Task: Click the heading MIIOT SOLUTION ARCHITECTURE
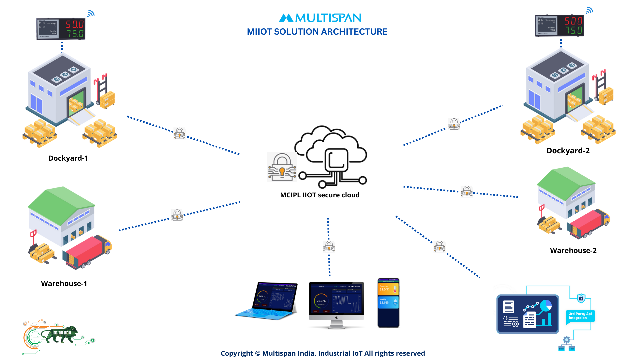pyautogui.click(x=317, y=32)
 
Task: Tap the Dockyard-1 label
pyautogui.click(x=68, y=158)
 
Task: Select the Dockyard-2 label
pyautogui.click(x=568, y=151)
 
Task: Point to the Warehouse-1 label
pyautogui.click(x=64, y=283)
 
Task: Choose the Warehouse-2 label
pyautogui.click(x=573, y=250)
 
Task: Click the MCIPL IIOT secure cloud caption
pyautogui.click(x=320, y=195)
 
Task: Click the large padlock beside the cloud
pyautogui.click(x=282, y=167)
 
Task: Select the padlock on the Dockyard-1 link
pyautogui.click(x=179, y=133)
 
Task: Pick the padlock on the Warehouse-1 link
pyautogui.click(x=177, y=215)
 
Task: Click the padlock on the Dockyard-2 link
pyautogui.click(x=454, y=124)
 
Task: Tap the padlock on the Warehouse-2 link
pyautogui.click(x=467, y=191)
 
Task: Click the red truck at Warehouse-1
pyautogui.click(x=88, y=252)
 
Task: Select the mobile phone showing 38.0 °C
pyautogui.click(x=388, y=303)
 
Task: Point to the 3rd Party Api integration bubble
pyautogui.click(x=580, y=316)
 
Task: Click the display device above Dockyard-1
pyautogui.click(x=61, y=29)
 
